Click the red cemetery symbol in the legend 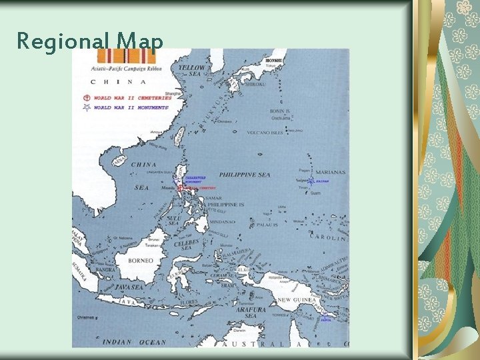[86, 98]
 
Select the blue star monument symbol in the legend [86, 107]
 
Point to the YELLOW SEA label [192, 71]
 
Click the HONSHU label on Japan [271, 60]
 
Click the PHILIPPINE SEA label [245, 175]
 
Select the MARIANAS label [331, 172]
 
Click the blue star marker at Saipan [311, 181]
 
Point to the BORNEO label [141, 260]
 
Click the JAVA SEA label [129, 287]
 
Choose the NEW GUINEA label [294, 301]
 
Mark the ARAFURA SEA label [251, 313]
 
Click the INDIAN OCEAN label [135, 342]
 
